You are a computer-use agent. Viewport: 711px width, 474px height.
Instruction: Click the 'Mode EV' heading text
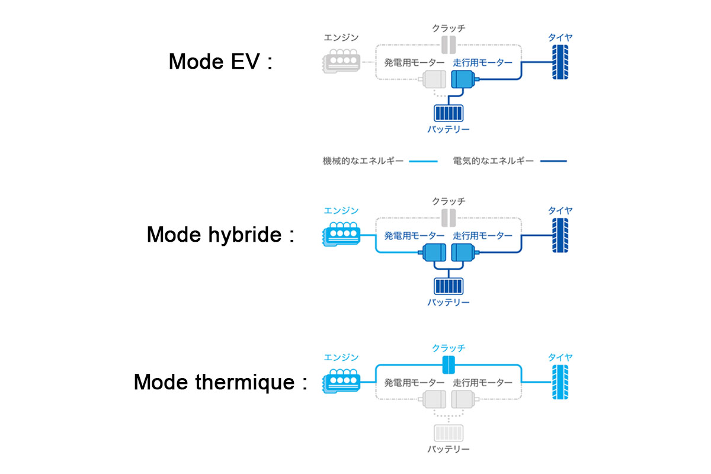[220, 62]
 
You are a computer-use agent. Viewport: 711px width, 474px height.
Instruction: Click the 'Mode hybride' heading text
[220, 235]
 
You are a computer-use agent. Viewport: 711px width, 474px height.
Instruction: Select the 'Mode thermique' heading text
[220, 382]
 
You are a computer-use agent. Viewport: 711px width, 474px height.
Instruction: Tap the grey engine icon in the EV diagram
[340, 62]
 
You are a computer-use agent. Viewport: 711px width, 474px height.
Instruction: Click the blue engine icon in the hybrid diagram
[340, 235]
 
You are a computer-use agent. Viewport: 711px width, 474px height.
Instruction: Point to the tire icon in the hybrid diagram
[560, 236]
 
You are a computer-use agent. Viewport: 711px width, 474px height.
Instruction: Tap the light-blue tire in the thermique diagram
[560, 382]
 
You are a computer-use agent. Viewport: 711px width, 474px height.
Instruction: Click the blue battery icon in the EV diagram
[449, 113]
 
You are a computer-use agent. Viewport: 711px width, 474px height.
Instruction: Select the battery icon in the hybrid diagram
[449, 286]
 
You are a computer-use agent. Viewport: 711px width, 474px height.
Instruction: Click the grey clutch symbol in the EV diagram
[449, 43]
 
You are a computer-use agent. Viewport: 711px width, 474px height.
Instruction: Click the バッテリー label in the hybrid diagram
[449, 303]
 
